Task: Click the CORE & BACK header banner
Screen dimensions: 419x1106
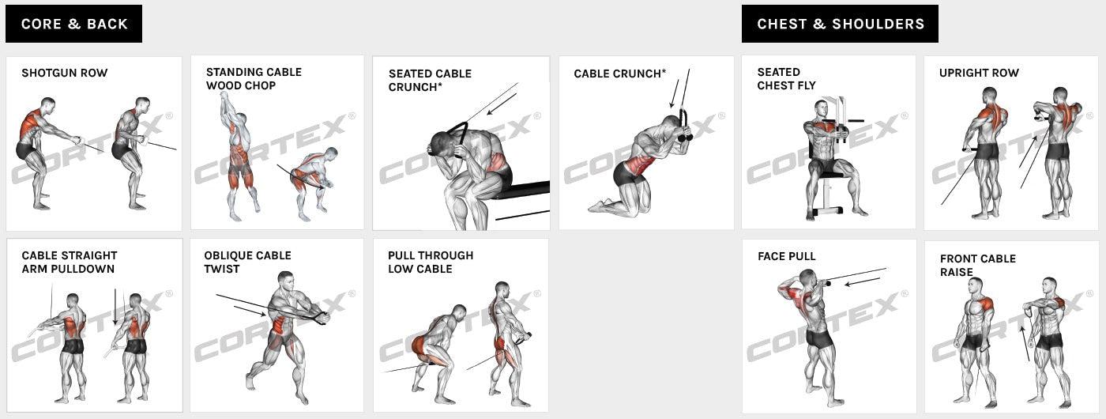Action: tap(73, 24)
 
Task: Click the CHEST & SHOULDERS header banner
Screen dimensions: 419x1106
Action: tap(840, 24)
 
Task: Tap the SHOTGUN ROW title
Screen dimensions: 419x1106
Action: tap(64, 73)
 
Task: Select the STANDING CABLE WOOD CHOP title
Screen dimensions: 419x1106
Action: tap(254, 78)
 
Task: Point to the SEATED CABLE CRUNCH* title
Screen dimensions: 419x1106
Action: tap(430, 80)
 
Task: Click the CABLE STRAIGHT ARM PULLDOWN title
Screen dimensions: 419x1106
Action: tap(69, 262)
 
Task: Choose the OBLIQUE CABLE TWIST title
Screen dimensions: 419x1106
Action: tap(247, 262)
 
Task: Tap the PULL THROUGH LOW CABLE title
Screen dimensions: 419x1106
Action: tap(431, 262)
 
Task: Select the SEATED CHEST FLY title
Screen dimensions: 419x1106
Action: tap(786, 78)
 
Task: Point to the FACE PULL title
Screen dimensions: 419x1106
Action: tap(786, 256)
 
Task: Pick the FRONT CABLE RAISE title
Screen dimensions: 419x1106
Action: tap(977, 265)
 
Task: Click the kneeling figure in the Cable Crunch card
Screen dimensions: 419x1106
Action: tap(641, 168)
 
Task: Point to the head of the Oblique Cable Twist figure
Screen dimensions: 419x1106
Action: tap(287, 281)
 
